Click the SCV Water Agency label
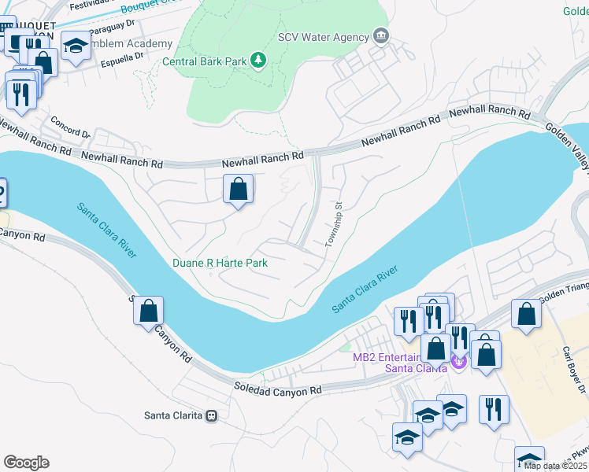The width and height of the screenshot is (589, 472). [x=324, y=37]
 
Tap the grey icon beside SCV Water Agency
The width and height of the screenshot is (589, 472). [x=382, y=35]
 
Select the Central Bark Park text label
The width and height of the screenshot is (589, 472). [x=205, y=61]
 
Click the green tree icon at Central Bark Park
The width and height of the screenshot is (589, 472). [x=257, y=61]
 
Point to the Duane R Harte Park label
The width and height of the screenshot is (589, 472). [x=220, y=263]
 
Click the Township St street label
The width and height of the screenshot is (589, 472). [x=335, y=224]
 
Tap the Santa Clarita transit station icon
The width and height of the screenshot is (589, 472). [x=211, y=415]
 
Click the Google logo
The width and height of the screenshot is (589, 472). [x=26, y=462]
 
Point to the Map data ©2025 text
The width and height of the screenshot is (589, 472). [x=555, y=466]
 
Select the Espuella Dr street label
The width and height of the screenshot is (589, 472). [x=122, y=56]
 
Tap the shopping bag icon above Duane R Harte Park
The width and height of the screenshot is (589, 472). [x=238, y=189]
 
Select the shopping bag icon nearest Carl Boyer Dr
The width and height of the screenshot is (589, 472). [x=526, y=313]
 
